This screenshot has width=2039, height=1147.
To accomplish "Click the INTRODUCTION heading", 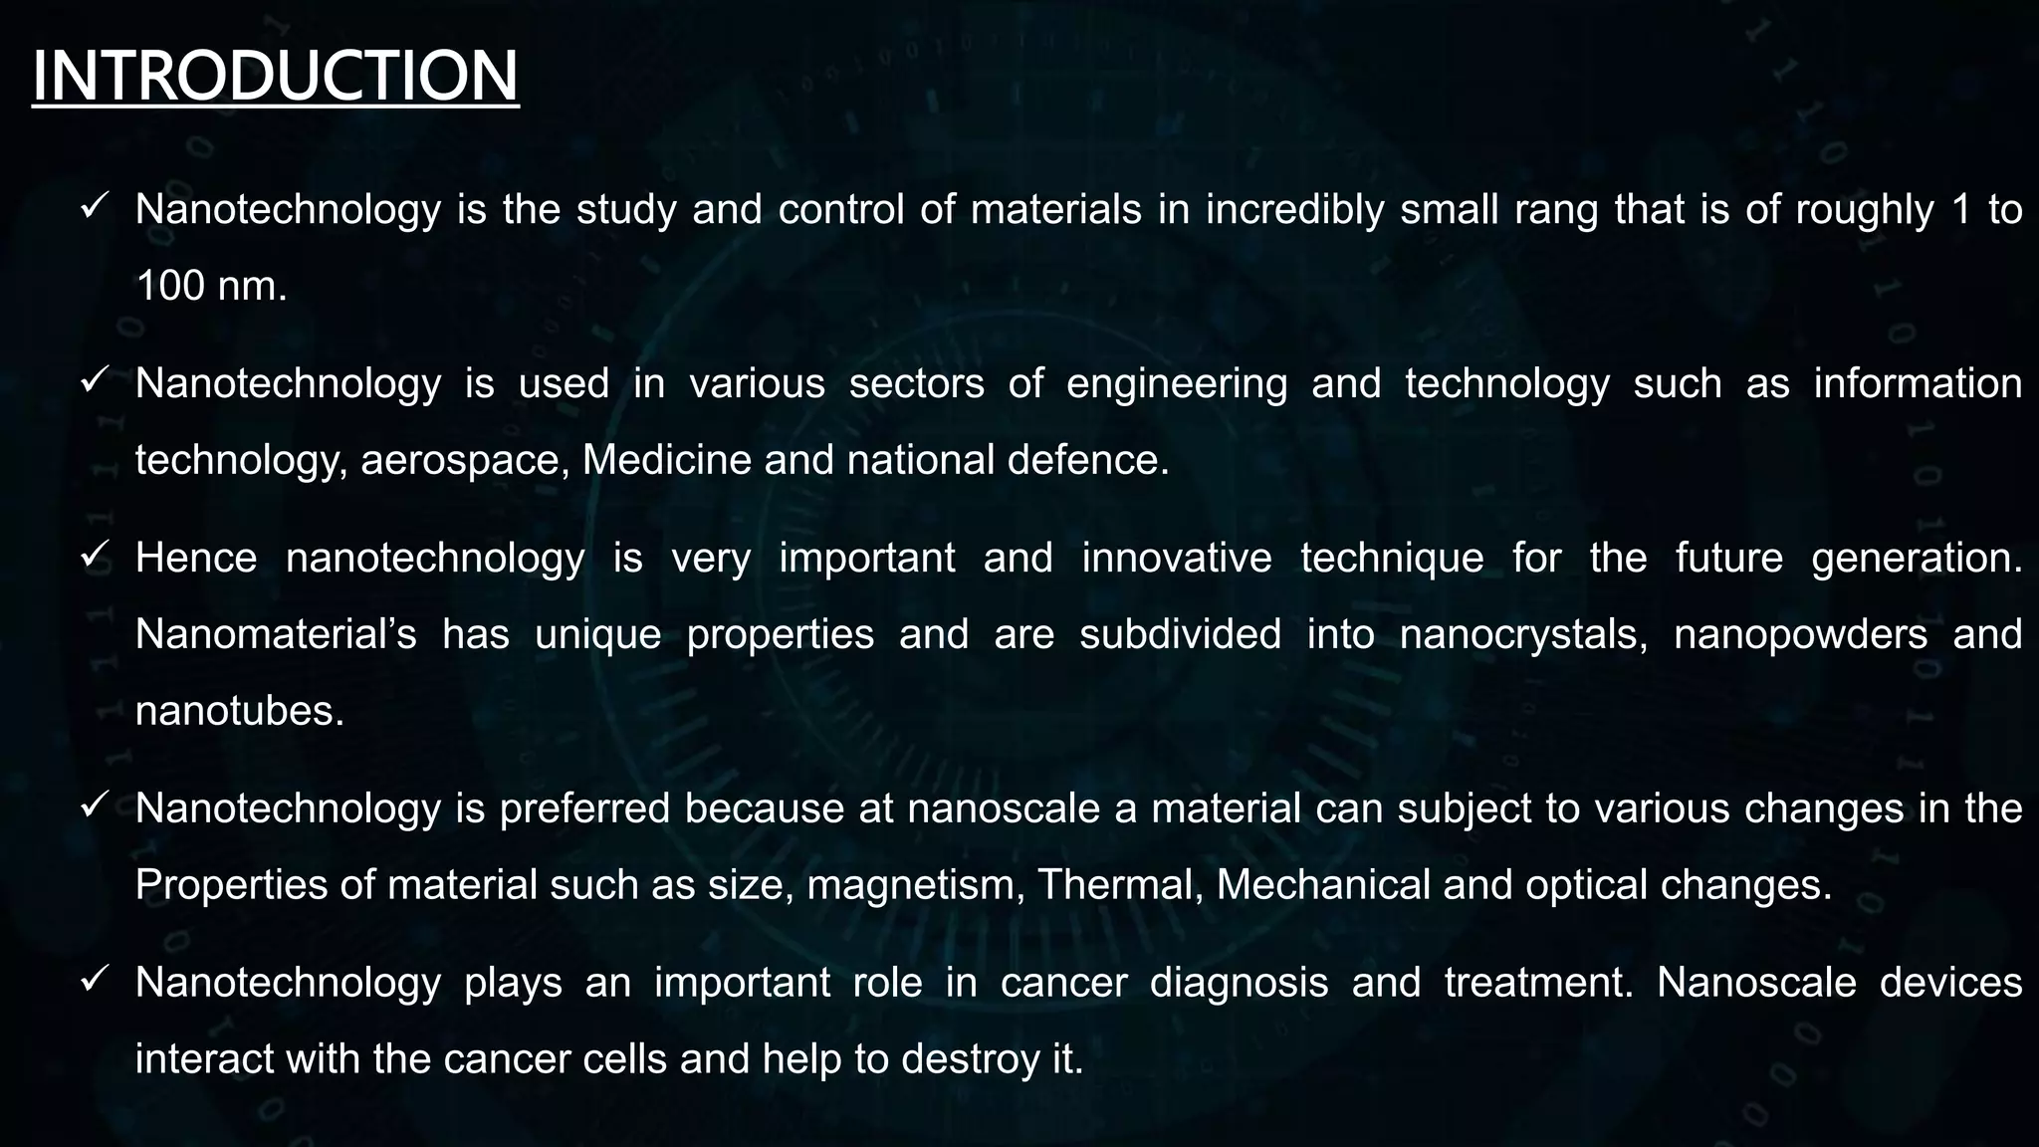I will tap(276, 77).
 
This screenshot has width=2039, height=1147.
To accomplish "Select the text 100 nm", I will tap(211, 287).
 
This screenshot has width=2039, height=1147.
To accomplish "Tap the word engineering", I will tap(1177, 384).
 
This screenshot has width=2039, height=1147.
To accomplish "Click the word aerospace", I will tap(465, 461).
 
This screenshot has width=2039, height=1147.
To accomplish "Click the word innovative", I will tap(1177, 558).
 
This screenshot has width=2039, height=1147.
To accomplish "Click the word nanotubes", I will tap(239, 711).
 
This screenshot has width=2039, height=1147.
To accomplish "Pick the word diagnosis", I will tap(1239, 983).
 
